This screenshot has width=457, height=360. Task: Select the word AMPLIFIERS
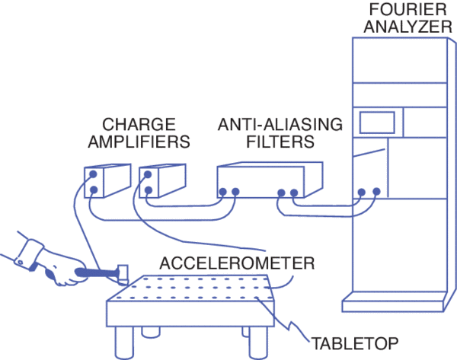pos(139,141)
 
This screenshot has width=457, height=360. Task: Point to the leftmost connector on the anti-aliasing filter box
pos(223,192)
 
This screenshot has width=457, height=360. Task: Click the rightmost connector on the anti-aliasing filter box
pos(294,193)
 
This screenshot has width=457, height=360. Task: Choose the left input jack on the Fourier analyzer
pos(362,193)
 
